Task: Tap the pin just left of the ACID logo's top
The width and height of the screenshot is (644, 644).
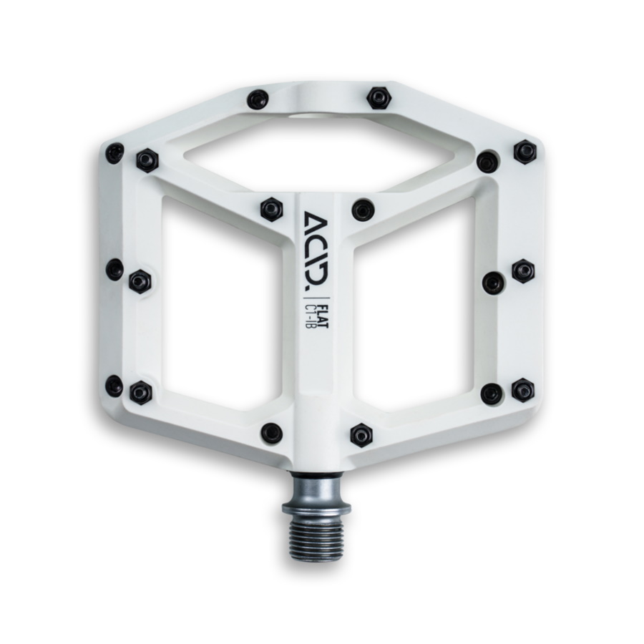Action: [x=271, y=208]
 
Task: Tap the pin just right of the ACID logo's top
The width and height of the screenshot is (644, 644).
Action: [x=364, y=210]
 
